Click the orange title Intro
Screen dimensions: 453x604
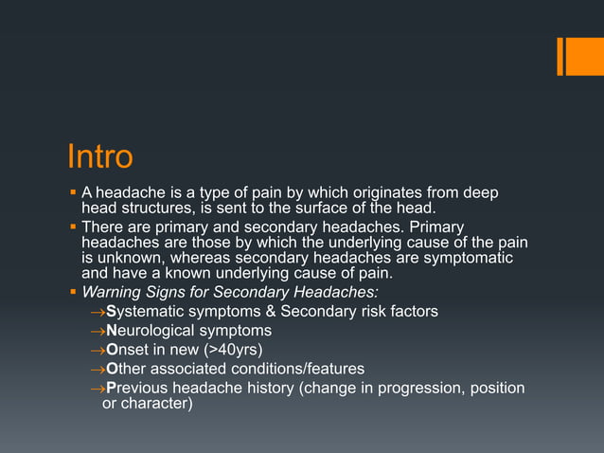(99, 155)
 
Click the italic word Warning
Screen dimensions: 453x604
(113, 292)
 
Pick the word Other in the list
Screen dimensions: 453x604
(127, 368)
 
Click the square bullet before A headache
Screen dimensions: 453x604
(73, 191)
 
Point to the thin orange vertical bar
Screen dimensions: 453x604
(560, 56)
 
